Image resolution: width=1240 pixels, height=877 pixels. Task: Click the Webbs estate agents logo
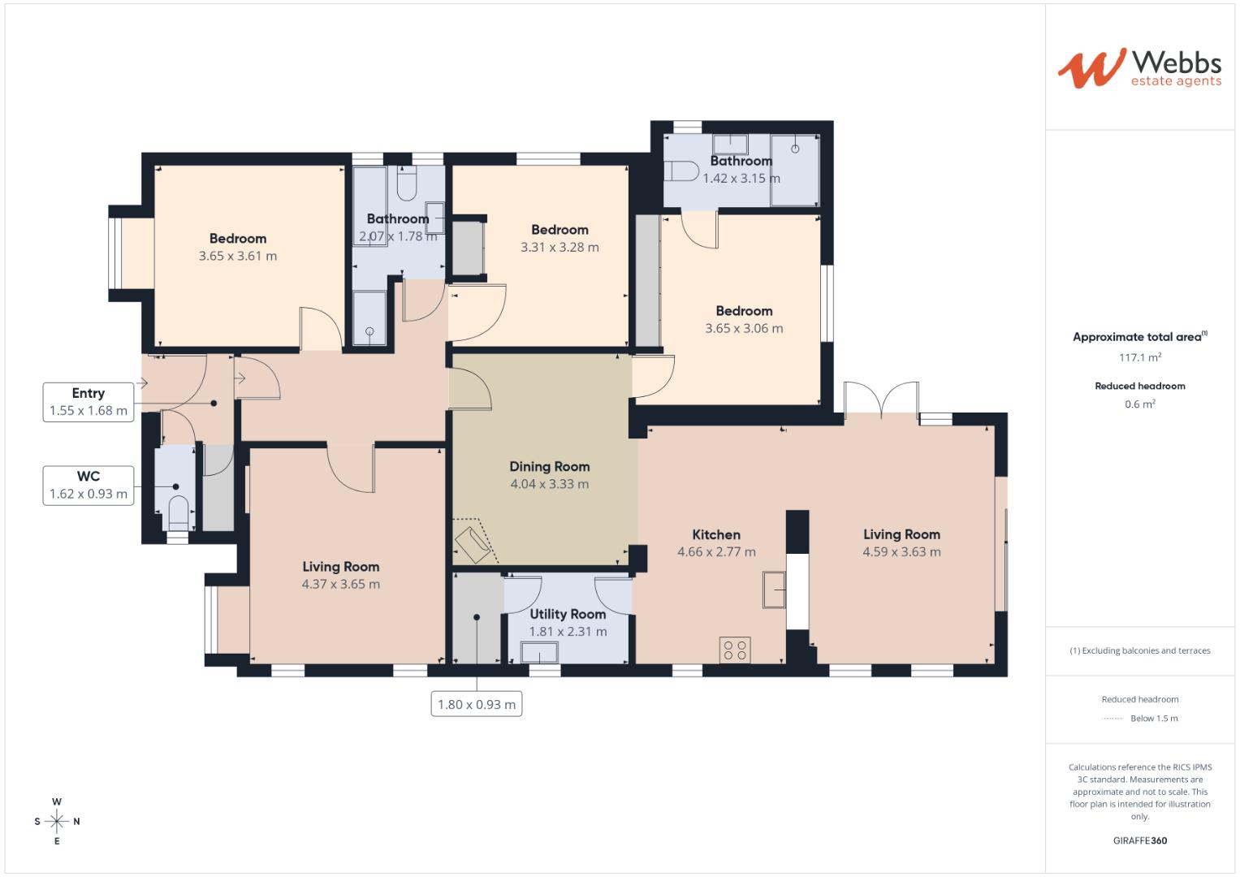[x=1138, y=67]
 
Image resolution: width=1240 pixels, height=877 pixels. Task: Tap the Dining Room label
[x=549, y=466]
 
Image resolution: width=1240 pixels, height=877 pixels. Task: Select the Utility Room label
[x=568, y=614]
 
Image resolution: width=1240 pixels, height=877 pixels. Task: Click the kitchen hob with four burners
[x=735, y=650]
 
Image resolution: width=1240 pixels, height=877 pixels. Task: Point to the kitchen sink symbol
[x=773, y=589]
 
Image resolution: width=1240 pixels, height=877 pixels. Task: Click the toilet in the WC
[x=177, y=512]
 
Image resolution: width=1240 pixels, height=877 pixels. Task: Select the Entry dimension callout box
[x=88, y=402]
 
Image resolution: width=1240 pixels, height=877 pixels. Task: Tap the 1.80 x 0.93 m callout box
[x=477, y=704]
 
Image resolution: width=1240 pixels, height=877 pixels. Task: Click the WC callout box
[x=88, y=485]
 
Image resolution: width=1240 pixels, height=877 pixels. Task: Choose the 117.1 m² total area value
[x=1139, y=357]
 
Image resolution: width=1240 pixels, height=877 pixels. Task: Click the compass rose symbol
[x=57, y=821]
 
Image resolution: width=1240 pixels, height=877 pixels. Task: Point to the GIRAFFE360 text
[x=1139, y=840]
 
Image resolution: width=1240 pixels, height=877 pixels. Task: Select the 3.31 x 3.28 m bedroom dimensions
[x=560, y=248]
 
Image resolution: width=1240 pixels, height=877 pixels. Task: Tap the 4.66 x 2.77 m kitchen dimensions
[x=716, y=552]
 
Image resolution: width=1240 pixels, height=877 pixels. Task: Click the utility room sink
[x=539, y=652]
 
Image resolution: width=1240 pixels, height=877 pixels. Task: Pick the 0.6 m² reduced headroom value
[x=1139, y=404]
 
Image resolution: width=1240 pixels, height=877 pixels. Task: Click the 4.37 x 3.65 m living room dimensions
[x=340, y=584]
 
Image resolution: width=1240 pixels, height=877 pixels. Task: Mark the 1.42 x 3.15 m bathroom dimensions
[x=741, y=179]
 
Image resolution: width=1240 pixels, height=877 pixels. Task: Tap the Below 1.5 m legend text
[x=1154, y=719]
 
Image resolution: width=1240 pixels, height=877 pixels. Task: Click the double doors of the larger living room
[x=881, y=400]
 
